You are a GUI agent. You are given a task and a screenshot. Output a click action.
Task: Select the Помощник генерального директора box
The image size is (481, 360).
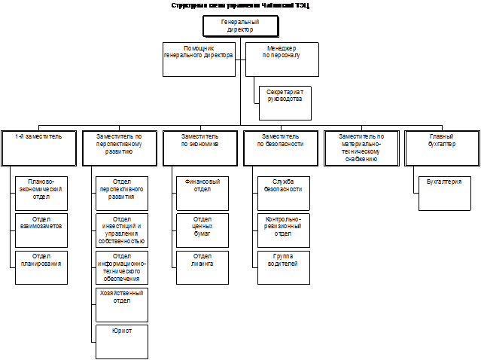(199, 59)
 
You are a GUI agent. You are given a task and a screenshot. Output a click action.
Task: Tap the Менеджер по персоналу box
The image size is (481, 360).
(282, 59)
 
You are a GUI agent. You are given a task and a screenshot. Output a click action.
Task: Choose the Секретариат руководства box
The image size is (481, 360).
(285, 102)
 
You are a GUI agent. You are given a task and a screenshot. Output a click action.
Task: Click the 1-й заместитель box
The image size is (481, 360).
(38, 148)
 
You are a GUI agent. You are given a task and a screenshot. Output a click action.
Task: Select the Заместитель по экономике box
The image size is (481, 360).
(199, 148)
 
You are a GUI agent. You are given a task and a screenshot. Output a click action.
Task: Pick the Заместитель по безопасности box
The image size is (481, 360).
(282, 148)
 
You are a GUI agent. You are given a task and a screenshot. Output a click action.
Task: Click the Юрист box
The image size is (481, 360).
(121, 341)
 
